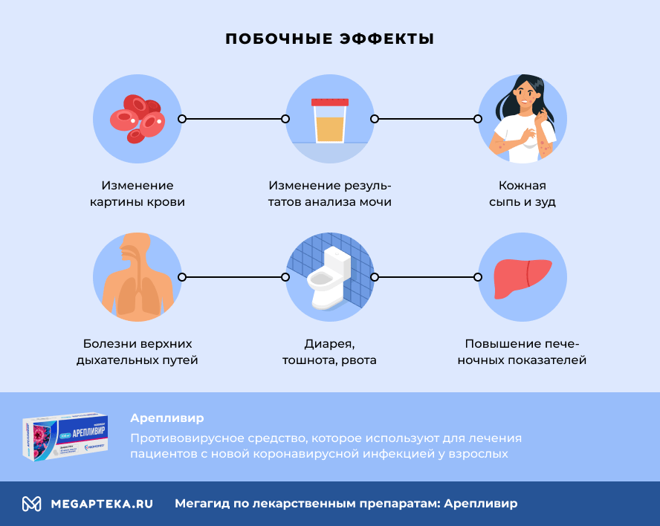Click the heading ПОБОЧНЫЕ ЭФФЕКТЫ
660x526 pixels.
[x=329, y=39]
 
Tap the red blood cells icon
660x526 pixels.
[x=137, y=118]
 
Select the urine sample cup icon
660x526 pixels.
[x=329, y=120]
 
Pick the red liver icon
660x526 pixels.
[x=522, y=276]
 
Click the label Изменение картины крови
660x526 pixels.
[x=137, y=193]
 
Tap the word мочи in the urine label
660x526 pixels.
[x=375, y=202]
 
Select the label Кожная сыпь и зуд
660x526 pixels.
[x=522, y=193]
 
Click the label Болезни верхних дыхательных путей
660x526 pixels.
[x=137, y=352]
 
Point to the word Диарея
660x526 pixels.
[x=329, y=344]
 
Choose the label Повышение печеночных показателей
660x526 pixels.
[x=522, y=352]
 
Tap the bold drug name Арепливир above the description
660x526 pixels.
[x=166, y=418]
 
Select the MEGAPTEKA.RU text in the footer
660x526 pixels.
[x=102, y=504]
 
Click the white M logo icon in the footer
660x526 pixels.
[x=31, y=504]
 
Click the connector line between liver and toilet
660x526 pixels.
[x=426, y=276]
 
